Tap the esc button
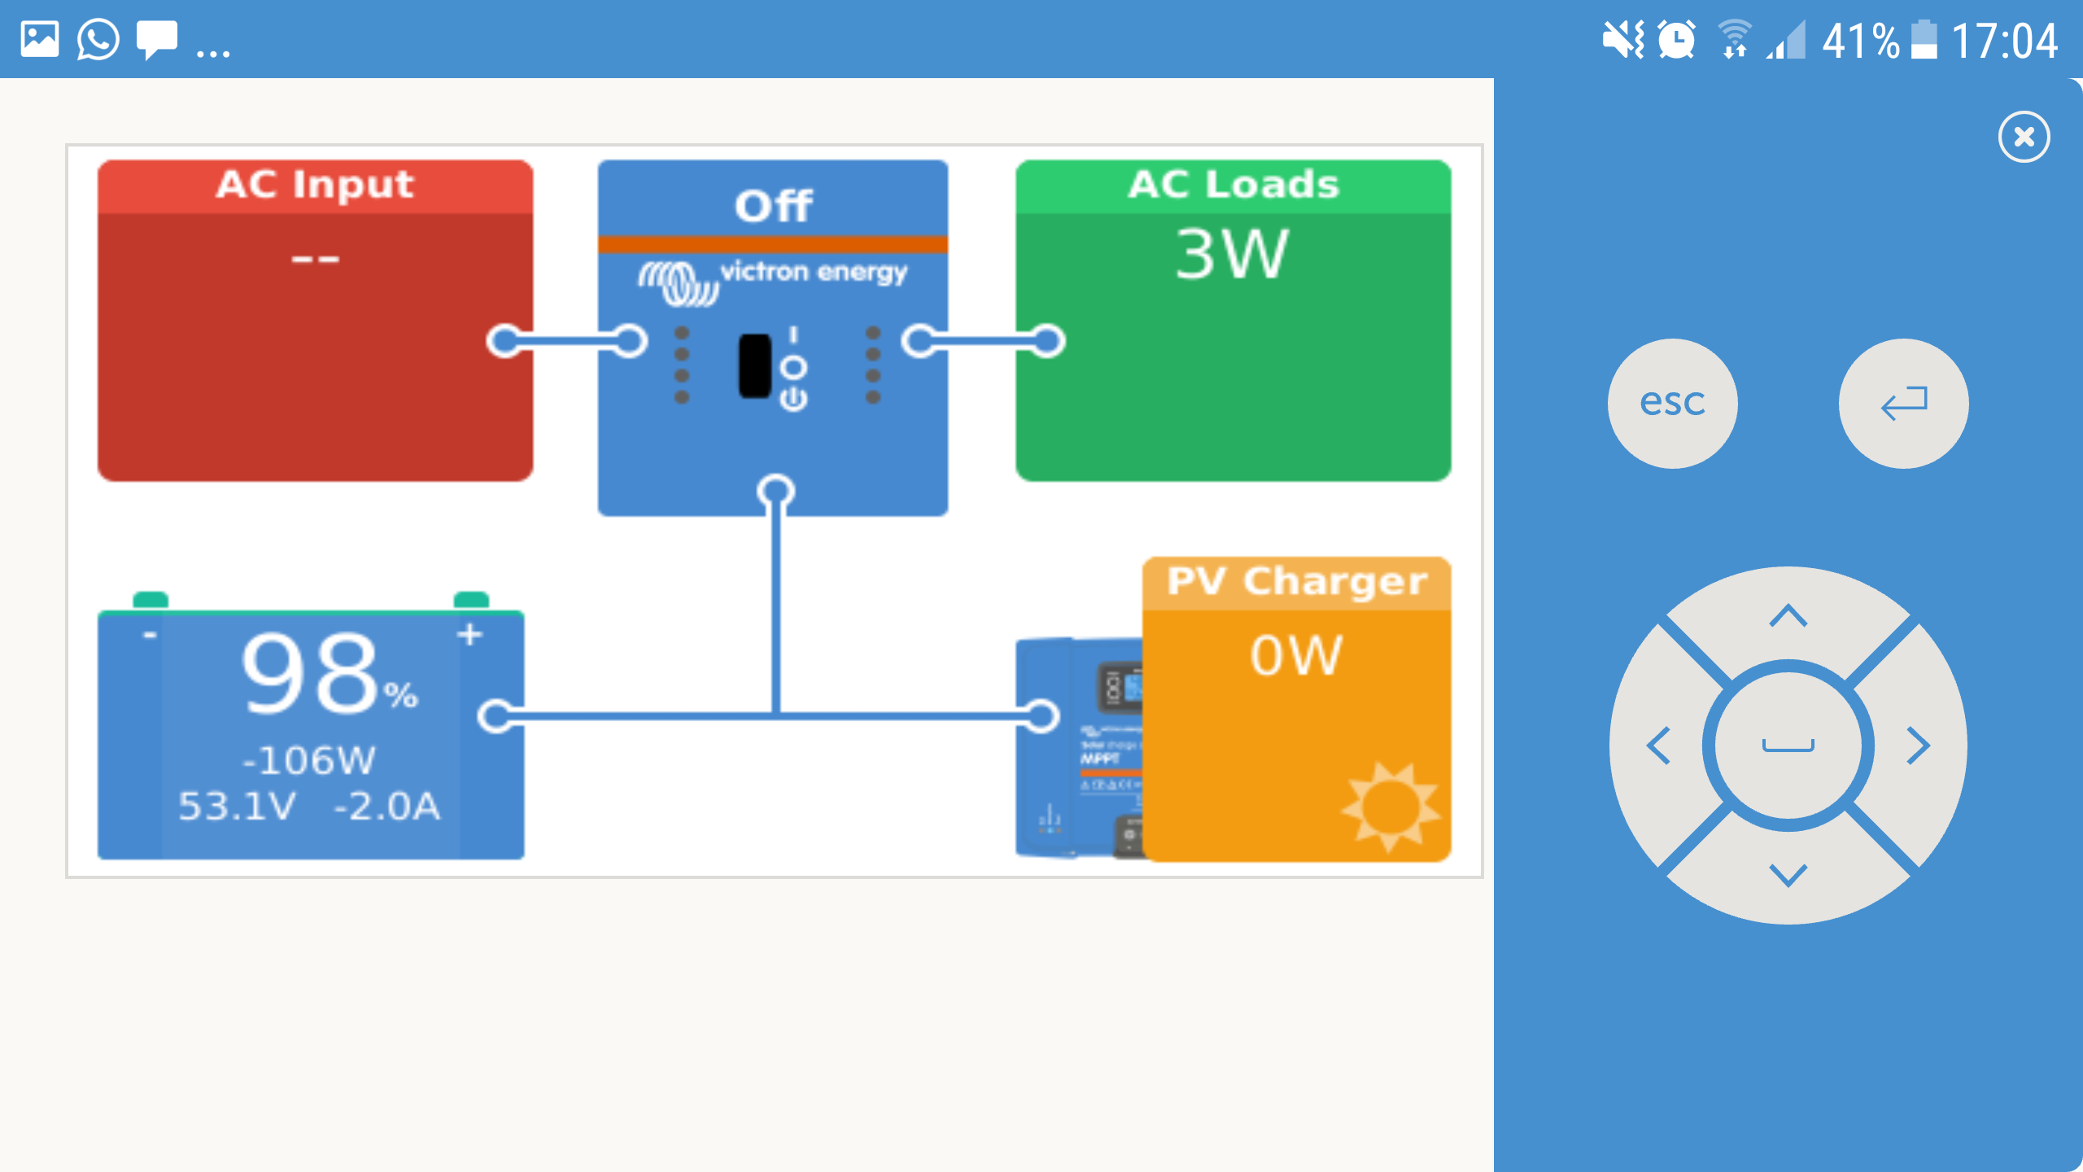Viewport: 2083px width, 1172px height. pyautogui.click(x=1672, y=403)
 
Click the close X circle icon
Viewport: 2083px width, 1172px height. pyautogui.click(x=2024, y=137)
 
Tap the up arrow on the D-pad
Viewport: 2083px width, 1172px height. pyautogui.click(x=1788, y=616)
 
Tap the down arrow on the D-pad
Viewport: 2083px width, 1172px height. pyautogui.click(x=1788, y=875)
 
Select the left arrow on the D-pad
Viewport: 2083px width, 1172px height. pyautogui.click(x=1659, y=746)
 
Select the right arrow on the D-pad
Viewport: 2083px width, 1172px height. pyautogui.click(x=1918, y=746)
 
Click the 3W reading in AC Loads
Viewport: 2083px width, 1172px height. pyautogui.click(x=1232, y=254)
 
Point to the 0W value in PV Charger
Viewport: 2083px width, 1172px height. pyautogui.click(x=1295, y=655)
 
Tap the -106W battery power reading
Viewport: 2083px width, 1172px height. pyautogui.click(x=309, y=761)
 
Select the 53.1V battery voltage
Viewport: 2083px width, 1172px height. pyautogui.click(x=237, y=807)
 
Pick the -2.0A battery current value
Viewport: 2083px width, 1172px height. pyautogui.click(x=387, y=807)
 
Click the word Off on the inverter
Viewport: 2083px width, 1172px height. pyautogui.click(x=773, y=205)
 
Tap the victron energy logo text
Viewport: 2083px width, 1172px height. pyautogui.click(x=813, y=272)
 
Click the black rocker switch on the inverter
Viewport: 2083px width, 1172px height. pyautogui.click(x=754, y=366)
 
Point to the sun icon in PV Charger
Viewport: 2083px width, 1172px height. pyautogui.click(x=1390, y=806)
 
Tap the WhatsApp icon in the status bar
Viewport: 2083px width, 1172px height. pyautogui.click(x=98, y=39)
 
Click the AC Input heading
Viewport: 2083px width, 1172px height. pyautogui.click(x=315, y=185)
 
